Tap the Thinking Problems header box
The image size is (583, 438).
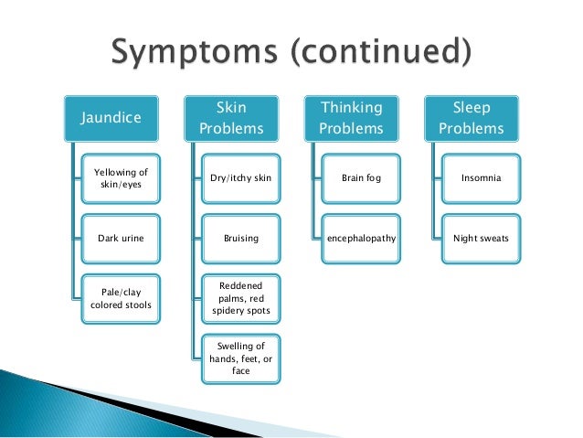click(351, 118)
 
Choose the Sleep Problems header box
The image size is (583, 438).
click(471, 118)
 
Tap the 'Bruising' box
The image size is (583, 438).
click(240, 238)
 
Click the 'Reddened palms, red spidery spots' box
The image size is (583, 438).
click(240, 298)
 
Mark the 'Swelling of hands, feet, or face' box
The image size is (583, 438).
click(240, 358)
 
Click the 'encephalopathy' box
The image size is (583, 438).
click(361, 238)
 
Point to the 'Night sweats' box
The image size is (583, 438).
click(481, 238)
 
